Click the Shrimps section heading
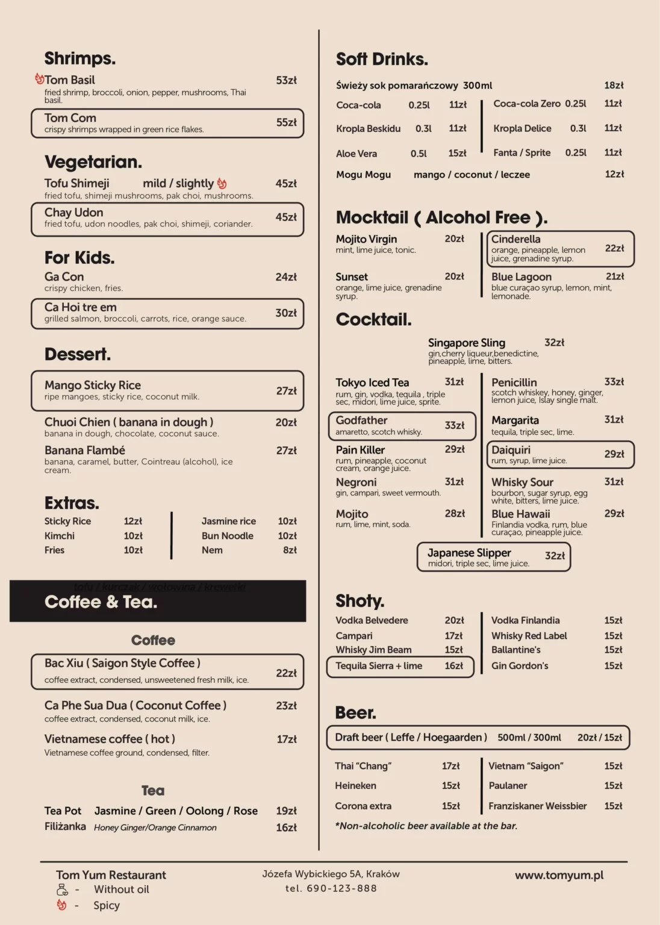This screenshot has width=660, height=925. pos(79,58)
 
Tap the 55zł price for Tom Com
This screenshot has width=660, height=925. pos(286,122)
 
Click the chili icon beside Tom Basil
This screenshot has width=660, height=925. pos(39,79)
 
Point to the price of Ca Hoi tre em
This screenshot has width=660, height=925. pos(286,313)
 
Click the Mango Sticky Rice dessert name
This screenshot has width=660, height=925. pos(92,385)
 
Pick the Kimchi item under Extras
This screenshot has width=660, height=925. pos(60,535)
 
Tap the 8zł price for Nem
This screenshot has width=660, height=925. pos(290,550)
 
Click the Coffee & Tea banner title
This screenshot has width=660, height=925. pos(101,602)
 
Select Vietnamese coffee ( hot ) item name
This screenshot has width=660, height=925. pos(110,739)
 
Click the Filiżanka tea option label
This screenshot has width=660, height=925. pos(65,826)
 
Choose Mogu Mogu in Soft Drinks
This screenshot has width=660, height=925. pos(363,175)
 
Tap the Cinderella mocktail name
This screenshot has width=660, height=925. pos(515,239)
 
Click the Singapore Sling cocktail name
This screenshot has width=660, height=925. pos(466,343)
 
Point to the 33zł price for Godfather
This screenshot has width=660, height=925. pos(454,425)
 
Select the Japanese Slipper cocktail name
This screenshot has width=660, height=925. pos(469,553)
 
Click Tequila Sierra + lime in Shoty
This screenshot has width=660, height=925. pos(379,665)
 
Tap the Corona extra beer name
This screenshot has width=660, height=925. pos(363,806)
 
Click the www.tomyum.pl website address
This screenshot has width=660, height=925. pos(559,875)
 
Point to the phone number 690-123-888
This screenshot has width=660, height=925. pos(341,888)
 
